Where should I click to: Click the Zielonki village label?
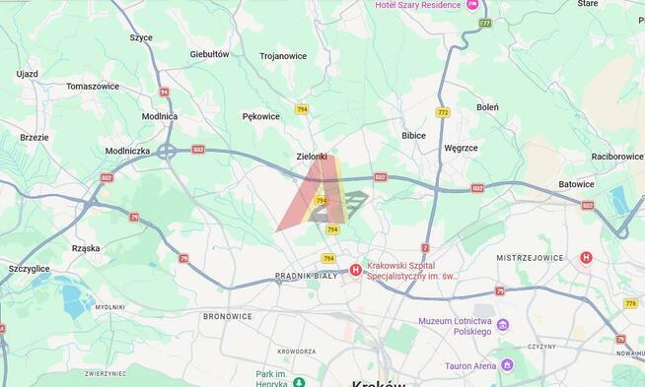(311, 156)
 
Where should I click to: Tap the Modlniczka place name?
(127, 152)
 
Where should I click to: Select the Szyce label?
(141, 37)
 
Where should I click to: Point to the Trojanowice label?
(283, 56)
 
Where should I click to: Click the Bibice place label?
(414, 135)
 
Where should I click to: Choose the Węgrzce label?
(461, 148)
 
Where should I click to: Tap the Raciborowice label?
(617, 156)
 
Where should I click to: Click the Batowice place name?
(576, 184)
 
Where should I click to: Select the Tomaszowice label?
(93, 86)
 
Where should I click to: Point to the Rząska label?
(86, 248)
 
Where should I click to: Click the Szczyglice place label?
(29, 268)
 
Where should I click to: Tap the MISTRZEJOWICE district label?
(530, 258)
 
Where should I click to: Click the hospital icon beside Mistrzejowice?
(587, 258)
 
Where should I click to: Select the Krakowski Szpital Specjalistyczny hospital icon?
(355, 270)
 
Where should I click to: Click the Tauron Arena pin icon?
(507, 365)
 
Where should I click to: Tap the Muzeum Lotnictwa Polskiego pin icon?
(503, 325)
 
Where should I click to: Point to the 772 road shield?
(443, 112)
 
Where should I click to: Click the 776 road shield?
(630, 303)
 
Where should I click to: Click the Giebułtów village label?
(209, 54)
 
